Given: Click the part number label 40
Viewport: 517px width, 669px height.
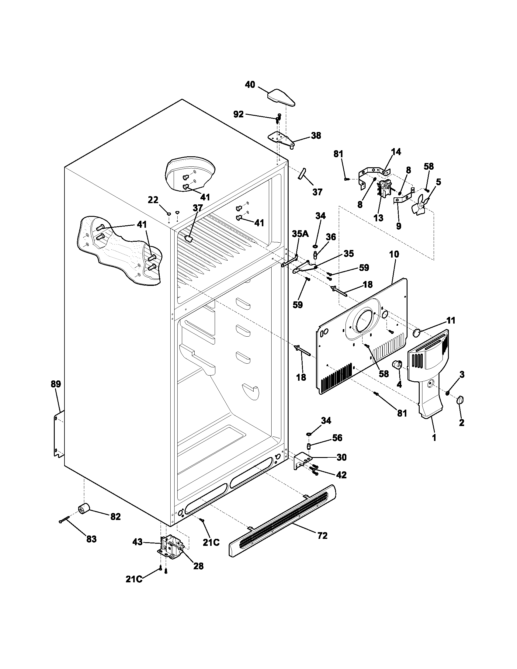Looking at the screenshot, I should pos(250,85).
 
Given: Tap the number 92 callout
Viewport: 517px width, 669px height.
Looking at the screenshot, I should pos(239,114).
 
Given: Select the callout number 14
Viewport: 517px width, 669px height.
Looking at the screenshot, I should pos(396,152).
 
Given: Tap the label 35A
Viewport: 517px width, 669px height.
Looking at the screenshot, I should pos(300,234).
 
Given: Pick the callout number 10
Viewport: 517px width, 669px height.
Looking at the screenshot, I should pos(394,254).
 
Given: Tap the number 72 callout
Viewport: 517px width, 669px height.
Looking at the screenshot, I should pos(322,536).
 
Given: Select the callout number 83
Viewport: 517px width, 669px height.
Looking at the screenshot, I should pos(91,539).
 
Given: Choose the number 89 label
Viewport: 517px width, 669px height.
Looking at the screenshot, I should pos(56,384).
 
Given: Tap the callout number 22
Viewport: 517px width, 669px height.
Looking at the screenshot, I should pos(153,200).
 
